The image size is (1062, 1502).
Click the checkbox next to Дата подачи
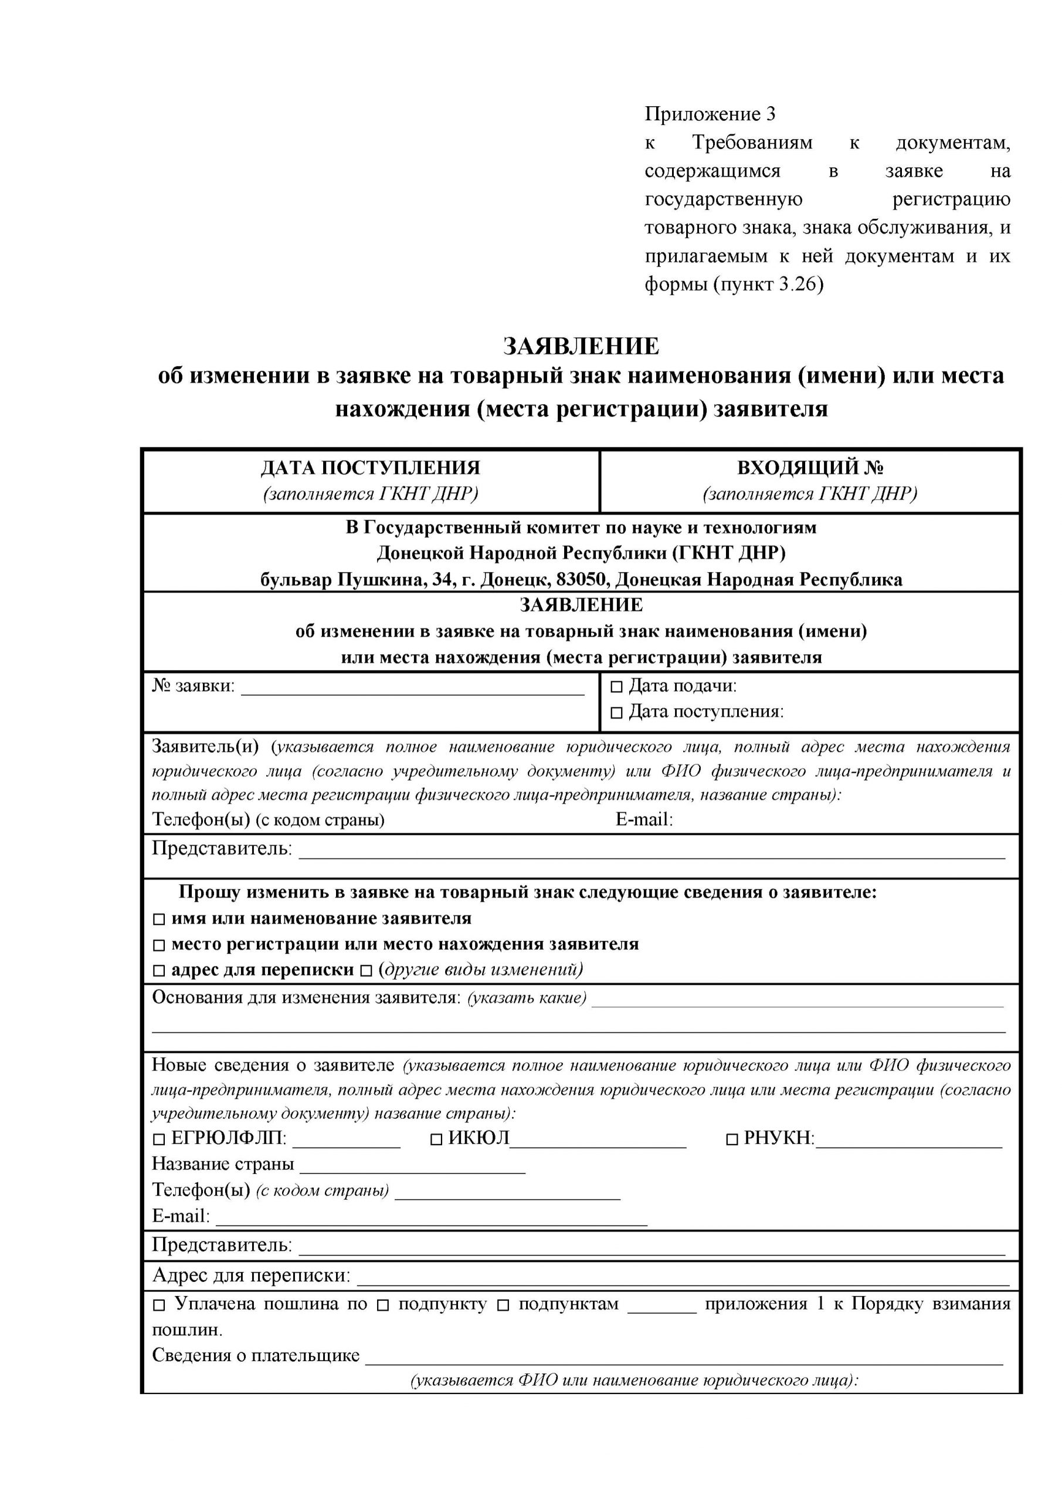point(616,688)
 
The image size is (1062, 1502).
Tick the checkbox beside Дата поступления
point(616,713)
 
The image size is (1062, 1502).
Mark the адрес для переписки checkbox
point(159,972)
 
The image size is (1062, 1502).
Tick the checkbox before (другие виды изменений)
point(366,972)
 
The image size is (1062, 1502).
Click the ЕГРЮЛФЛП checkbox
point(159,1139)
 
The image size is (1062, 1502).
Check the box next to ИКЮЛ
point(436,1139)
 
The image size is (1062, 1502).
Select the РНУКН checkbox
point(732,1139)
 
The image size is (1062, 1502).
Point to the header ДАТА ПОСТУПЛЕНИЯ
point(370,468)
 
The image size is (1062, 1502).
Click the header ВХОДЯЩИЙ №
point(810,468)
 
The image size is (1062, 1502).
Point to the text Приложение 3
point(710,114)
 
